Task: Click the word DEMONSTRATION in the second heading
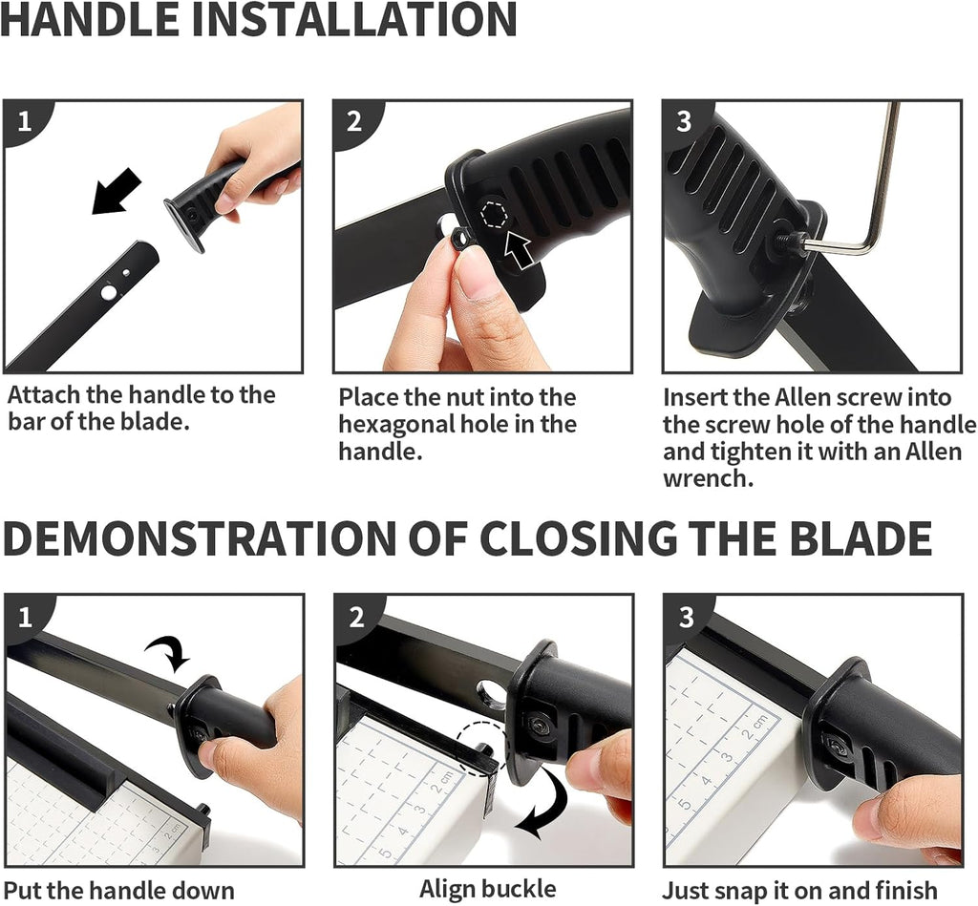200,538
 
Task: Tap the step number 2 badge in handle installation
354,121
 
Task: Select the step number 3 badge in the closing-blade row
686,618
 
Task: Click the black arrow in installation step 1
117,191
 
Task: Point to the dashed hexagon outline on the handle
495,215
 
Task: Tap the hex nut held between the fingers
459,239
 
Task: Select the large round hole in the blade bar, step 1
109,292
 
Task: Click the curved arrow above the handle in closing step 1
168,655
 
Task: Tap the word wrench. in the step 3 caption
709,479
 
